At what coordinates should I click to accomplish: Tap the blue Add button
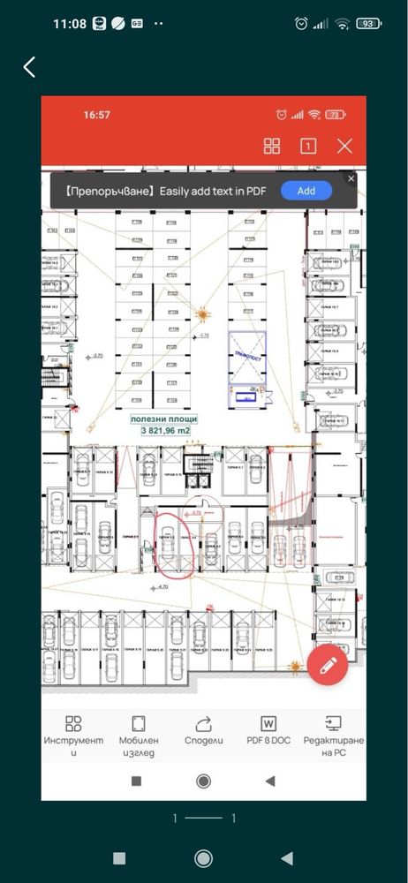306,191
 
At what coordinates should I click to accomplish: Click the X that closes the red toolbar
344,147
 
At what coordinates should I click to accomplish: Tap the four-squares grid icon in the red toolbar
272,147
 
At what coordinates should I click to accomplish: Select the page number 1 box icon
308,147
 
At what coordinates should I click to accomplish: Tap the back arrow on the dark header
30,67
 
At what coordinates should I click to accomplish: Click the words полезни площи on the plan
163,419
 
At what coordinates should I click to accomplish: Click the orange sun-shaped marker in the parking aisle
203,313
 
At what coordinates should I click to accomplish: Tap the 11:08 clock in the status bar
69,24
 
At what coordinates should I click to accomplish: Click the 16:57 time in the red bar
96,115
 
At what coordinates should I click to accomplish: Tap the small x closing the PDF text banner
351,178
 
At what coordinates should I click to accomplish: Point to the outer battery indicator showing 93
367,24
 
